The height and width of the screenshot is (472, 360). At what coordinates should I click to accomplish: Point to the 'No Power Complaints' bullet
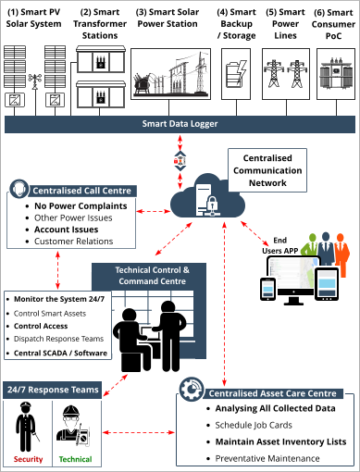tap(81, 205)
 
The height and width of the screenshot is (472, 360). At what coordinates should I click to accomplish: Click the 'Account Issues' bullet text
tap(67, 229)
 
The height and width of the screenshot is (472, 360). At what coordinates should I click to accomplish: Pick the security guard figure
tap(27, 426)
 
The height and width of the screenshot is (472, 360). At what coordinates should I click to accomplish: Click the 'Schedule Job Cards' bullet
tap(254, 425)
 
